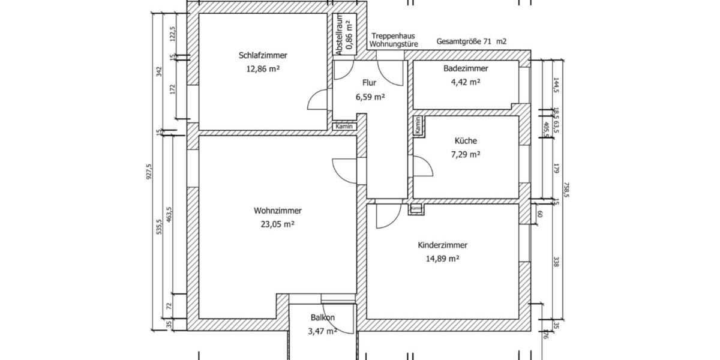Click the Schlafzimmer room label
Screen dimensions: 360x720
(263, 55)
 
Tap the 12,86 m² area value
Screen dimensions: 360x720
(263, 68)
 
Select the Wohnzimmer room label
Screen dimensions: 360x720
(277, 211)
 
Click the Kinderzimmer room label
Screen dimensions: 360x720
(442, 245)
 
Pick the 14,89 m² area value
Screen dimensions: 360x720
(442, 259)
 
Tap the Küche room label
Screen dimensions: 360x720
(466, 141)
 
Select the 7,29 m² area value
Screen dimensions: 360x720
(466, 154)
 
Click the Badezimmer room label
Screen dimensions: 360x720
(466, 68)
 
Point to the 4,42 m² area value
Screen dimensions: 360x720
(466, 82)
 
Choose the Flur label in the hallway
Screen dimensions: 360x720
(369, 83)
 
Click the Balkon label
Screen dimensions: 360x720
(322, 317)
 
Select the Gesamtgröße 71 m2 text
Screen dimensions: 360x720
(472, 42)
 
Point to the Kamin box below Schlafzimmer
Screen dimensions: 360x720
(344, 127)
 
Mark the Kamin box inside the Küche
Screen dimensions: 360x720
(417, 125)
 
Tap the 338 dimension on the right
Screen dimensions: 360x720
(556, 262)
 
